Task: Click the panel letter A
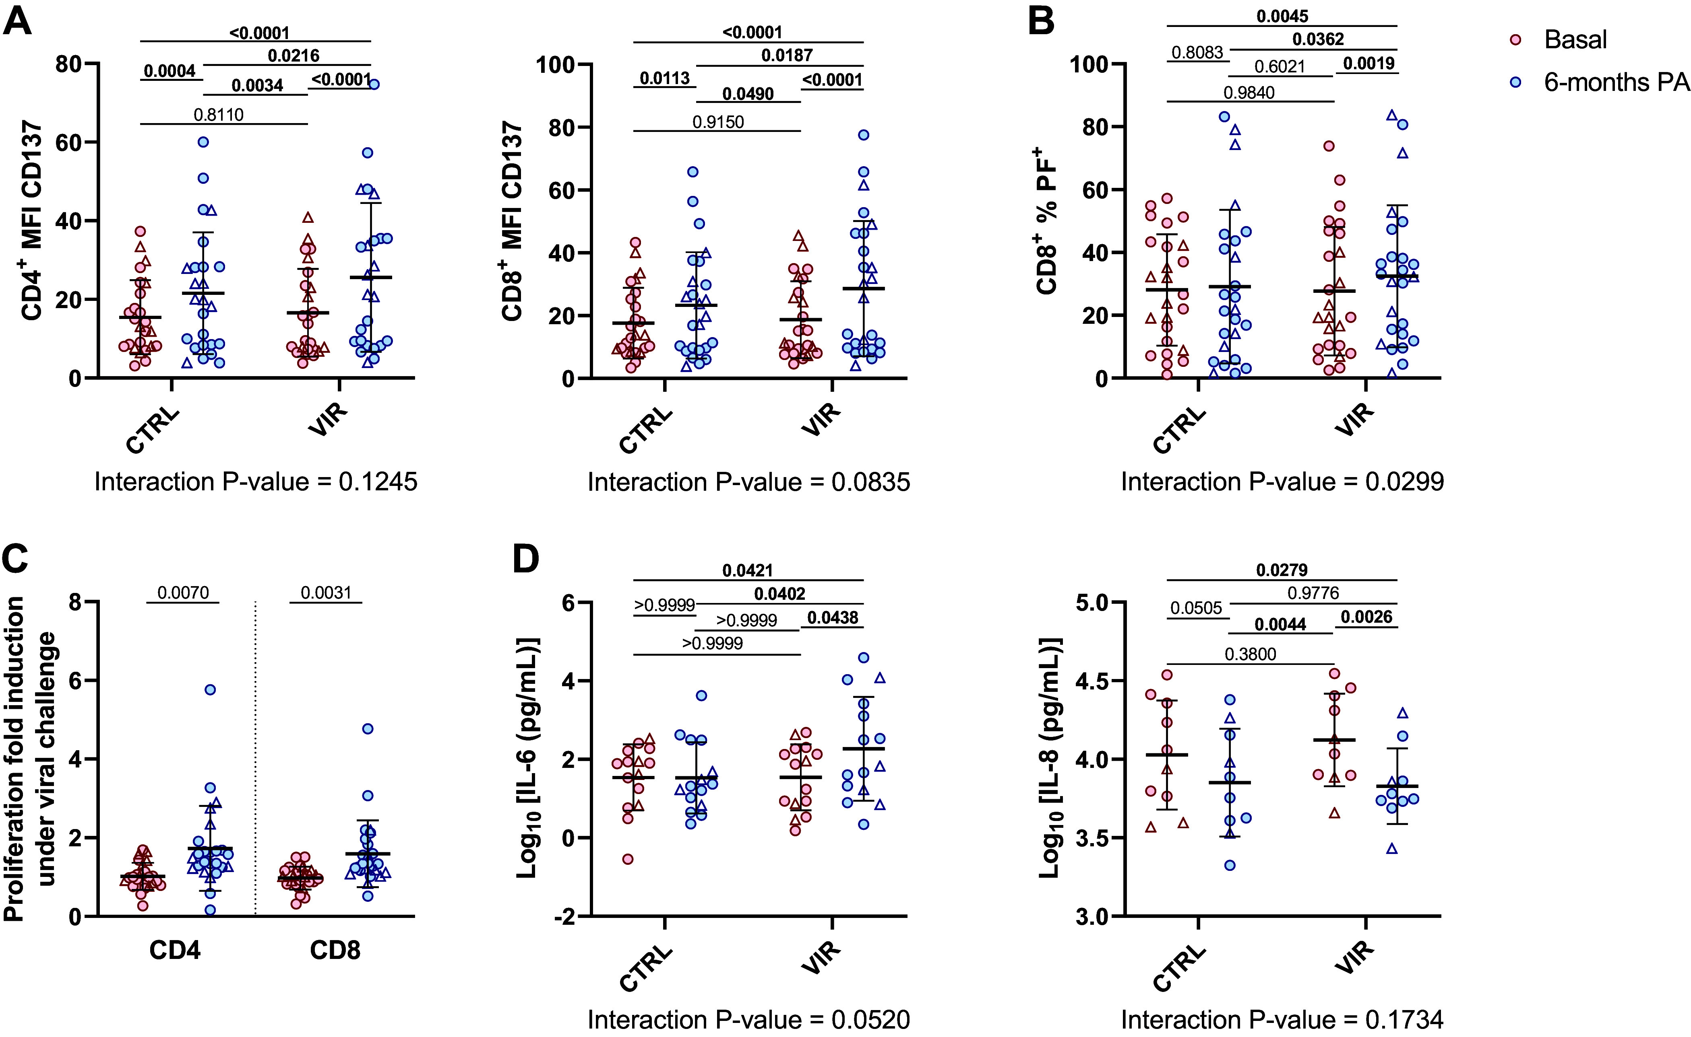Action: (17, 21)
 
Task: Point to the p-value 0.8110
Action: (218, 115)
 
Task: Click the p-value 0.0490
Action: (748, 94)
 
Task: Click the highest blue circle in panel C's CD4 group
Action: (210, 689)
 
